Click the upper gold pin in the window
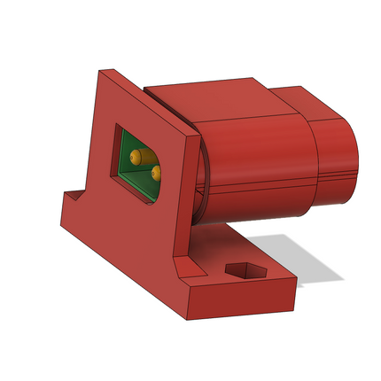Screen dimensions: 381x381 136,156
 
